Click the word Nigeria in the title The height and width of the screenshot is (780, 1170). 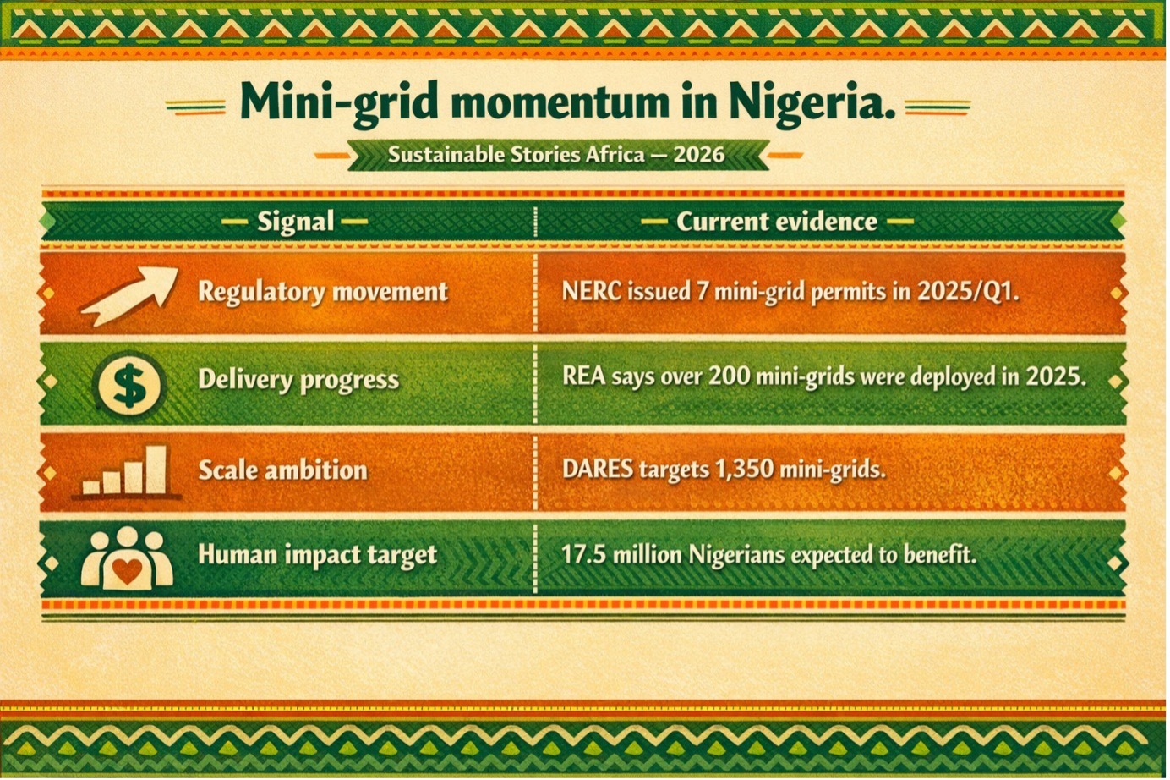812,102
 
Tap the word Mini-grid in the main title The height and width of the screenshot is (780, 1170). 338,103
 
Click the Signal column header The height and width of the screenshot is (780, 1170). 295,222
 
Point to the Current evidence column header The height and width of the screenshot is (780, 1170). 777,222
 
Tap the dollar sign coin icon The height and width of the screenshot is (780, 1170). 129,385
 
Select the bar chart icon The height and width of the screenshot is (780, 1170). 127,471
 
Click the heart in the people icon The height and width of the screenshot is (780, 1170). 127,571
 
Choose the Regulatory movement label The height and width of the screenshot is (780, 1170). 323,292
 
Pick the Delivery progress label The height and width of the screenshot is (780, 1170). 298,380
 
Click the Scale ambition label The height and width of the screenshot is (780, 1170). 282,470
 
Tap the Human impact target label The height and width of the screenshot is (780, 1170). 317,555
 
